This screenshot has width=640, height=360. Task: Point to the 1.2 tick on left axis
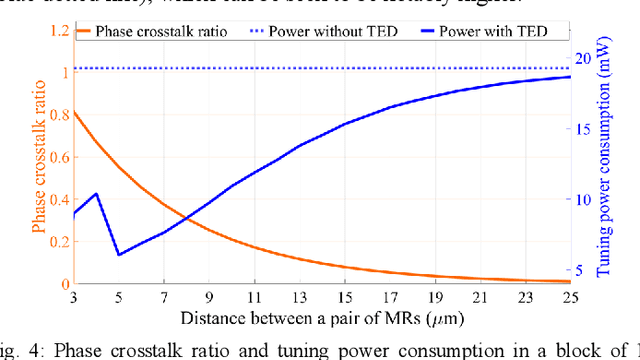(55, 29)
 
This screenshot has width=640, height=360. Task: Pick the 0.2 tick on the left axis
(55, 241)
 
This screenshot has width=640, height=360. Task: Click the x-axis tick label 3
(74, 298)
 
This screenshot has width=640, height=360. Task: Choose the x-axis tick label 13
(299, 298)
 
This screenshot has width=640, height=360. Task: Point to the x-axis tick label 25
(570, 298)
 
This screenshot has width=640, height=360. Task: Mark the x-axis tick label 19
(435, 298)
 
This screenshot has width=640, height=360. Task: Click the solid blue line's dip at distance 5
(119, 254)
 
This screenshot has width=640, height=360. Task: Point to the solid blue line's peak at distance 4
(96, 194)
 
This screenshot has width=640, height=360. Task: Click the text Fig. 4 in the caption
(23, 349)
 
